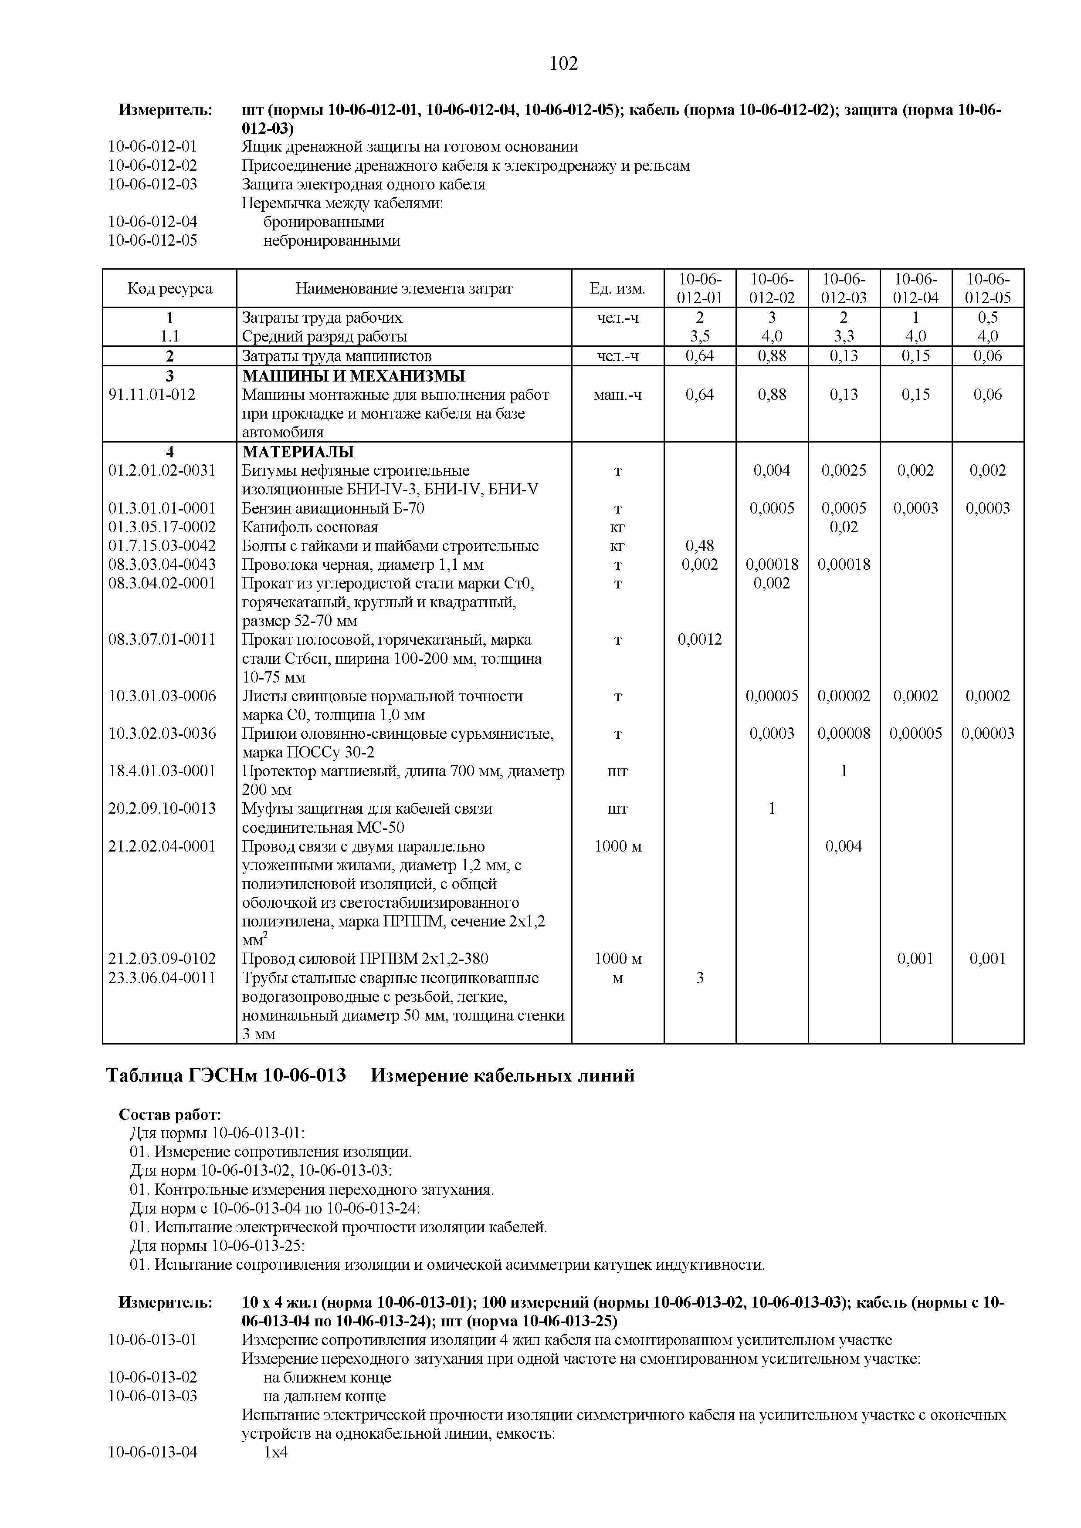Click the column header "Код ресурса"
[x=170, y=288]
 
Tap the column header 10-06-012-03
[x=844, y=288]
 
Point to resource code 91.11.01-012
[x=152, y=395]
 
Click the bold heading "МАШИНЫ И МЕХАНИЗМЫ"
[x=353, y=376]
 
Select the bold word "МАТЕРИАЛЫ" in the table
[x=298, y=452]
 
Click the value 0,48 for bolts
[x=700, y=546]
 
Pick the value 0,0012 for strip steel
[x=700, y=639]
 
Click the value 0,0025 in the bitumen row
[x=844, y=470]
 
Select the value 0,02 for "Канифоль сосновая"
[x=844, y=527]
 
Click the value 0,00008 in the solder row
[x=844, y=734]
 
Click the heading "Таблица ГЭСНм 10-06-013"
[x=226, y=1075]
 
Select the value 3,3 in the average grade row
[x=844, y=337]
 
